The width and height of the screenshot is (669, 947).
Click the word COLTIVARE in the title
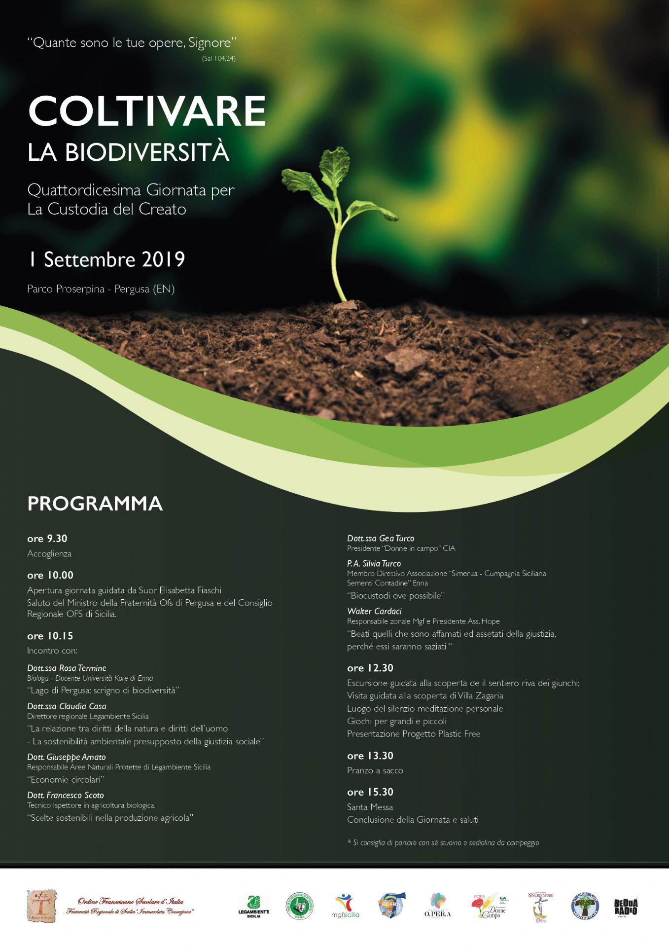pyautogui.click(x=147, y=111)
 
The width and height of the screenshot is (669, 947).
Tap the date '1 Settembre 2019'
pyautogui.click(x=106, y=259)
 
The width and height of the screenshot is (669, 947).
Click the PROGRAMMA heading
pyautogui.click(x=95, y=504)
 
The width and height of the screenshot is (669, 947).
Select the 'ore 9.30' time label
pyautogui.click(x=47, y=539)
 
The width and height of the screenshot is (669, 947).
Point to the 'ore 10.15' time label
pyautogui.click(x=50, y=636)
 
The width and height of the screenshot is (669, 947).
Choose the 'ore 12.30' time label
pyautogui.click(x=370, y=668)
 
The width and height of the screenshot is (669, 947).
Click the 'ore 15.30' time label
pyautogui.click(x=370, y=792)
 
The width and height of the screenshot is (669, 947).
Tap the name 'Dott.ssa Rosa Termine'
pyautogui.click(x=67, y=668)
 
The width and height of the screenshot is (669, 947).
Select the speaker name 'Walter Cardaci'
pyautogui.click(x=374, y=611)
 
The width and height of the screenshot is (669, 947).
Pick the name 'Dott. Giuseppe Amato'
pyautogui.click(x=67, y=757)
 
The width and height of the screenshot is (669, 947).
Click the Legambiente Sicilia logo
pyautogui.click(x=254, y=907)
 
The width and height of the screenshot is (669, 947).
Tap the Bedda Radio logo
pyautogui.click(x=626, y=907)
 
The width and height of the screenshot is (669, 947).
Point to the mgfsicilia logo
pyautogui.click(x=345, y=907)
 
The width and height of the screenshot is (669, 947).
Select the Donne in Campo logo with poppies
pyautogui.click(x=490, y=907)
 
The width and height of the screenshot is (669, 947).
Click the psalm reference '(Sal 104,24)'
pyautogui.click(x=218, y=58)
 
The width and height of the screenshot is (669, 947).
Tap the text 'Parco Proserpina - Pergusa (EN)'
pyautogui.click(x=101, y=289)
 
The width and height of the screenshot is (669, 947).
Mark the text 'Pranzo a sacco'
pyautogui.click(x=375, y=770)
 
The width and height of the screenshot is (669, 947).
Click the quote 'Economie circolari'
pyautogui.click(x=66, y=780)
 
